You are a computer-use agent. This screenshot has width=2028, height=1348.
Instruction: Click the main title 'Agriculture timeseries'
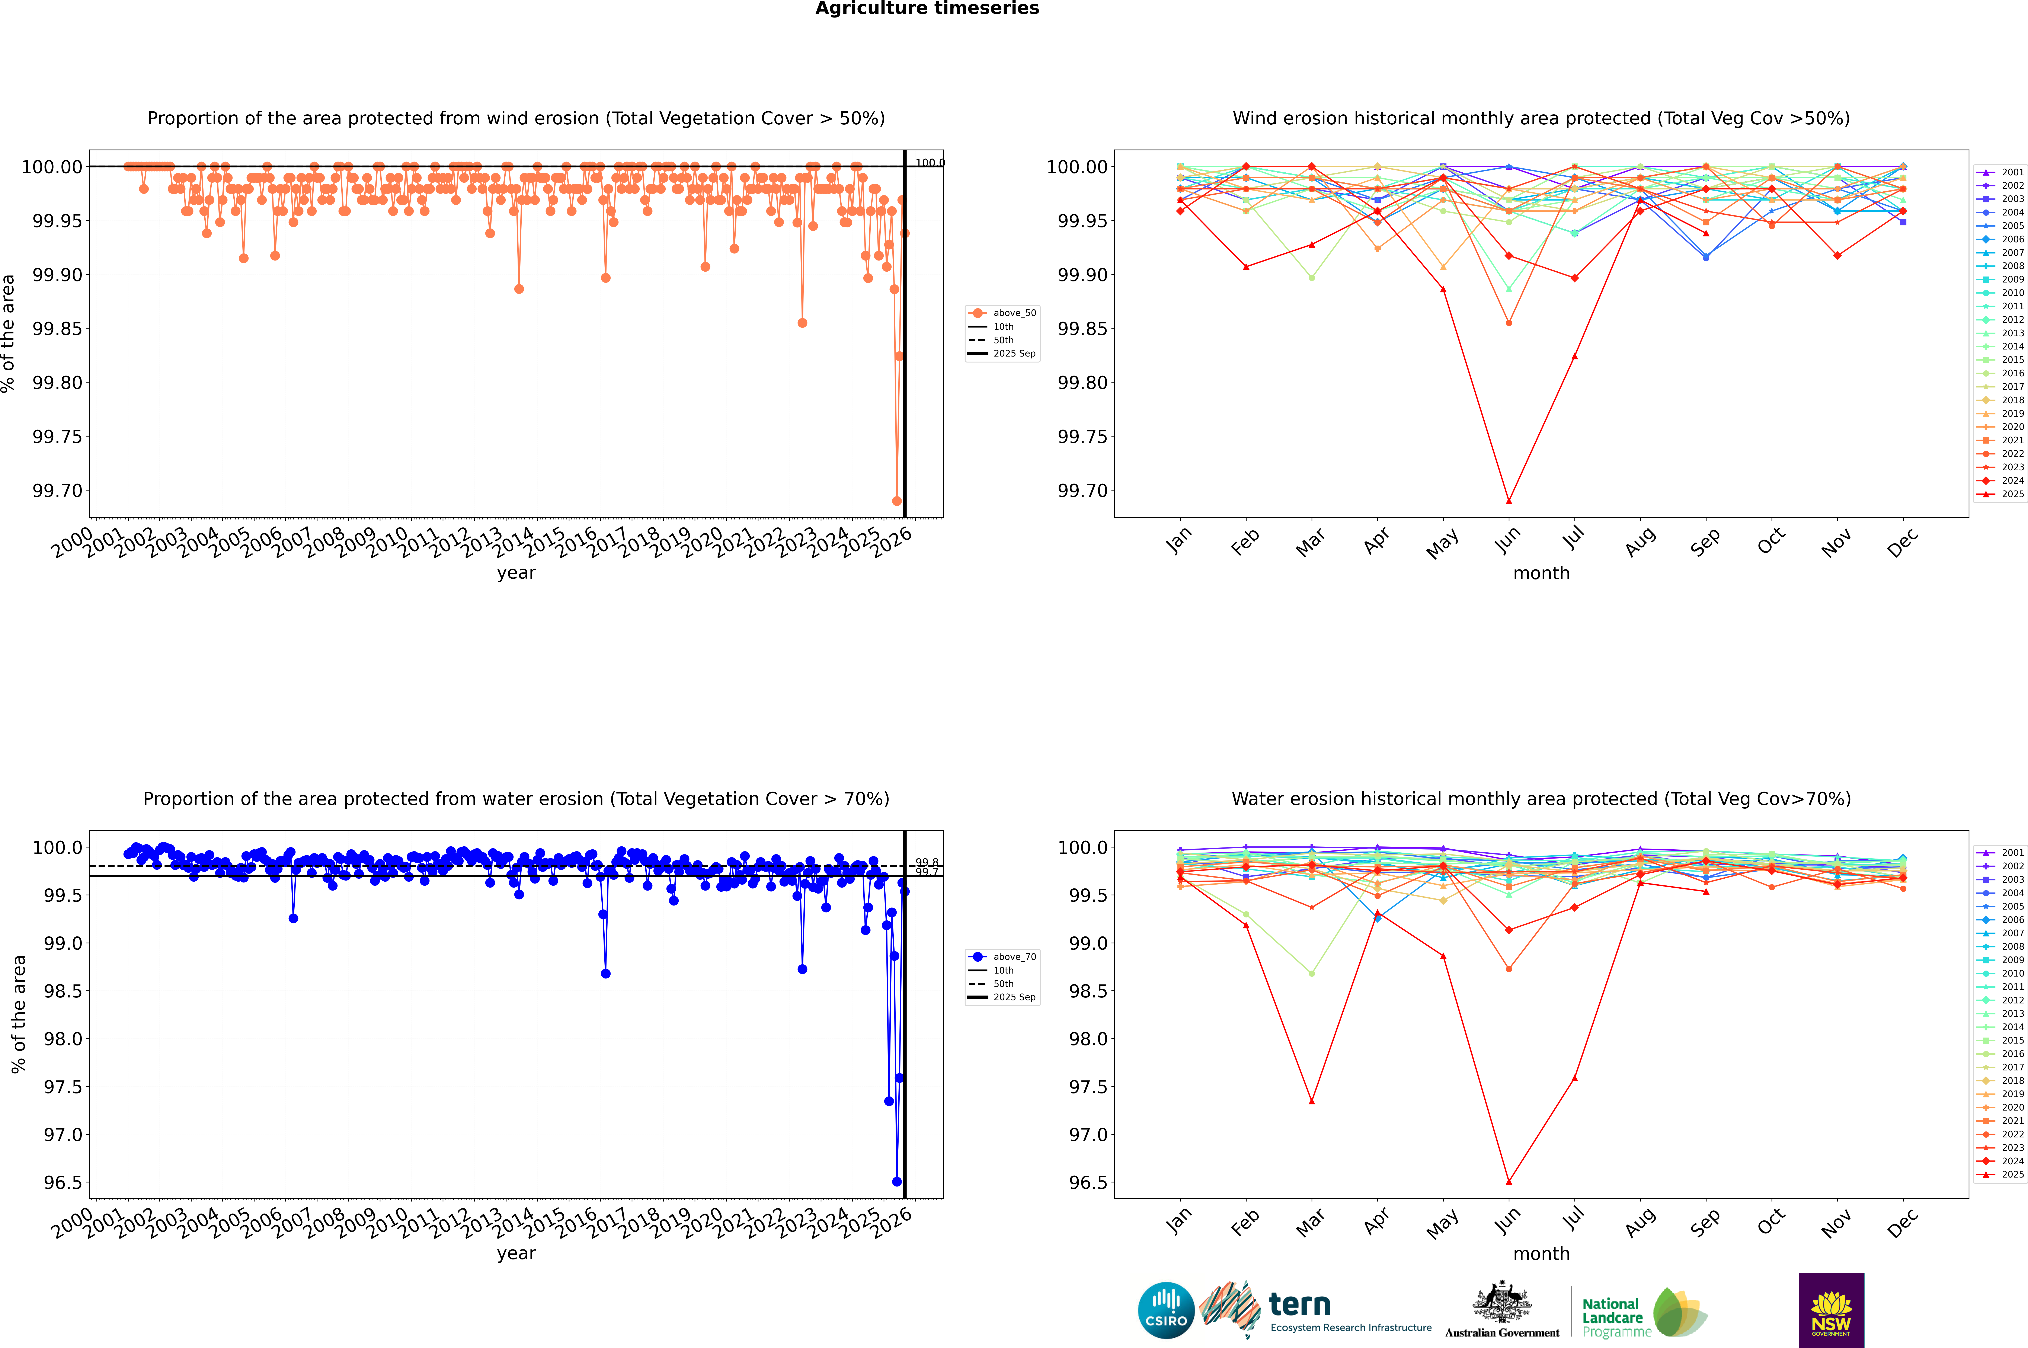[x=927, y=9]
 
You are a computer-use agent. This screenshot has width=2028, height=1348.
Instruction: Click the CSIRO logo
[x=1166, y=1310]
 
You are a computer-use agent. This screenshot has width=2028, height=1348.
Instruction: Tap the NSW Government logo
[x=1831, y=1310]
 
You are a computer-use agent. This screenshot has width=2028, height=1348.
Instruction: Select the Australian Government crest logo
[x=1502, y=1310]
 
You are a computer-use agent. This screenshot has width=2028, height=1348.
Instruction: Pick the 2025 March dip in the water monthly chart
[x=1311, y=1101]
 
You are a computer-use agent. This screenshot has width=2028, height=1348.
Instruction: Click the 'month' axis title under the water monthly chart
[x=1541, y=1253]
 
